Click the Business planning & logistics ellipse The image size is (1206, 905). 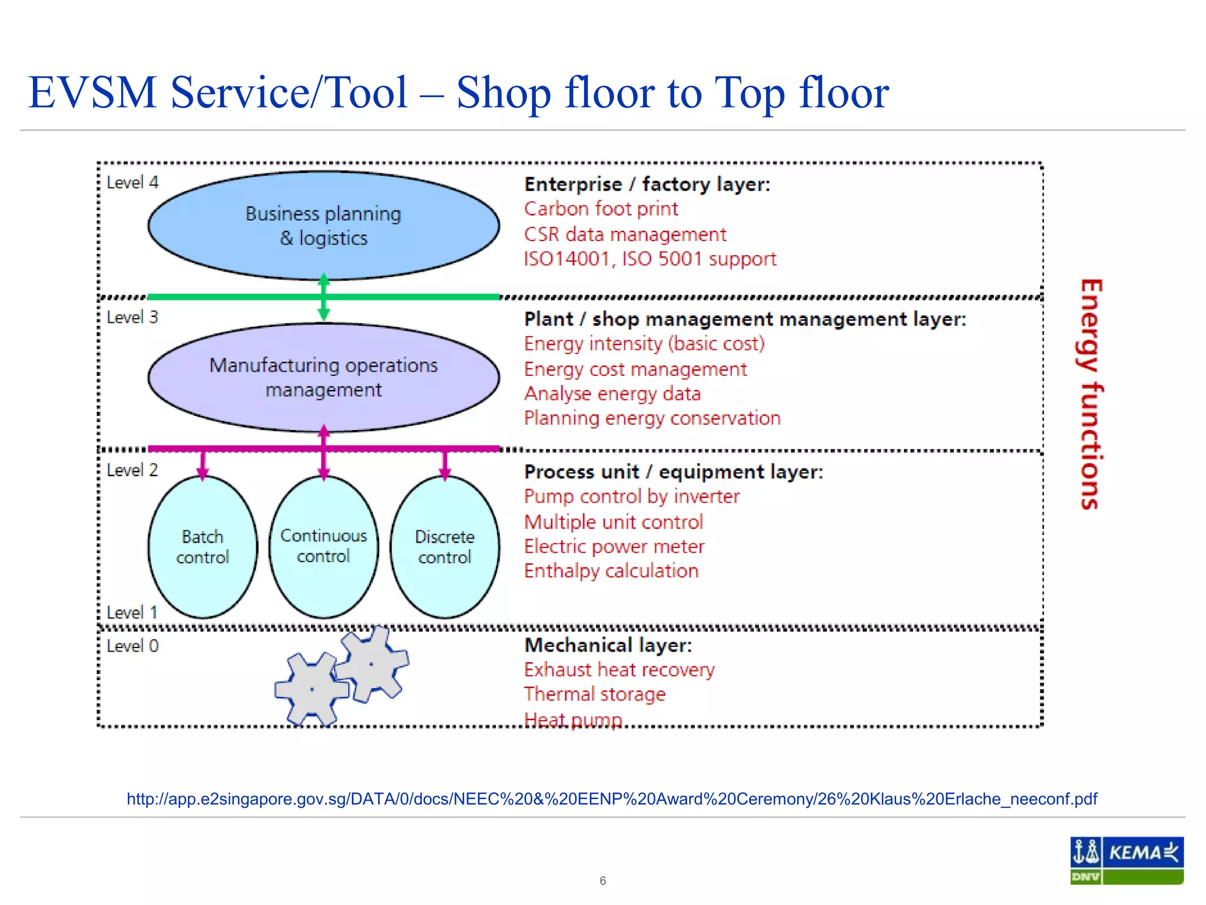click(x=323, y=226)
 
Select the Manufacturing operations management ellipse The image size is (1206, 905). click(x=323, y=377)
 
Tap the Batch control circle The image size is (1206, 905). click(x=203, y=547)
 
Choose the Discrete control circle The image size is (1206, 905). click(x=445, y=547)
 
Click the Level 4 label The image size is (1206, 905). click(x=132, y=183)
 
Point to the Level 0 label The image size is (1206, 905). click(x=132, y=646)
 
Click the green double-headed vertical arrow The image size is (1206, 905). click(x=323, y=298)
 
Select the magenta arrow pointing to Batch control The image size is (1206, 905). click(x=203, y=465)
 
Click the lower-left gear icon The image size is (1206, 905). click(x=312, y=689)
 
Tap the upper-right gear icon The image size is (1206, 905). click(x=372, y=663)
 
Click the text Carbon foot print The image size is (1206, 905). click(x=601, y=209)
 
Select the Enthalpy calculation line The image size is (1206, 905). click(x=611, y=570)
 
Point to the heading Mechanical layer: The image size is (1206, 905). click(x=608, y=645)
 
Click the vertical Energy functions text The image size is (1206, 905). click(x=1090, y=394)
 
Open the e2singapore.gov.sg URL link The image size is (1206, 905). click(x=612, y=799)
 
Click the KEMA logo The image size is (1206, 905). click(x=1127, y=860)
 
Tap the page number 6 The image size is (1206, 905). click(x=602, y=880)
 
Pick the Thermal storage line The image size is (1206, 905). click(x=595, y=694)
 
